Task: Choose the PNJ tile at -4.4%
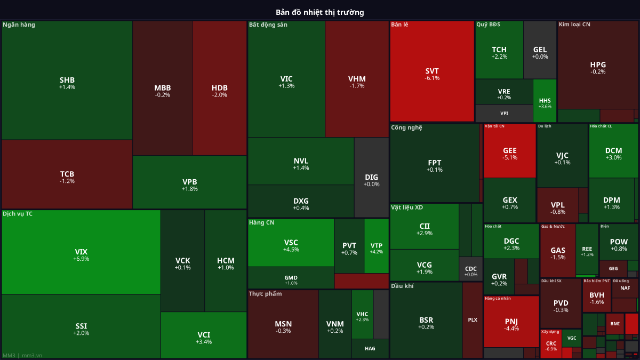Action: [x=511, y=322]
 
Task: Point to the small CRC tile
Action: [x=551, y=343]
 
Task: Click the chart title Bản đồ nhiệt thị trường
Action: [x=320, y=12]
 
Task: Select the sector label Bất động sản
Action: [x=268, y=25]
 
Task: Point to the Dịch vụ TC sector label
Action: [x=18, y=214]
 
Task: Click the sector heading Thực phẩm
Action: [x=265, y=294]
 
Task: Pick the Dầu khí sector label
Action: [x=402, y=286]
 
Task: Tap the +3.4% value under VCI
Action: [x=204, y=342]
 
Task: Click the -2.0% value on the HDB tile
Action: [x=219, y=95]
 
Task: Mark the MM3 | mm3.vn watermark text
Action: [x=22, y=355]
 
